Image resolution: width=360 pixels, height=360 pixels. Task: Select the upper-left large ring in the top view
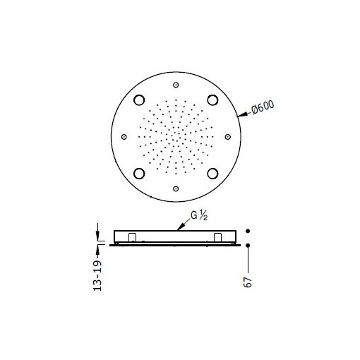click(x=139, y=100)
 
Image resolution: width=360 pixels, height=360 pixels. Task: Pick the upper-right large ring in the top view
click(x=212, y=100)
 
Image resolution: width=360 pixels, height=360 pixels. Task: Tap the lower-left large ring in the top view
click(x=139, y=173)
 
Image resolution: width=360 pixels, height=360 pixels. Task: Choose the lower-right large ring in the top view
click(x=212, y=173)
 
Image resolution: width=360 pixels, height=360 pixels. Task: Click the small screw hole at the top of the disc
click(x=176, y=85)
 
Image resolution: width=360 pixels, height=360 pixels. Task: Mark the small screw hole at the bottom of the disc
click(x=176, y=188)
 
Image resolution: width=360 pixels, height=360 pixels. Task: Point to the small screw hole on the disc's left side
click(x=124, y=136)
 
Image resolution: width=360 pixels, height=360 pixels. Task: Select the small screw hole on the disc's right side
click(x=227, y=136)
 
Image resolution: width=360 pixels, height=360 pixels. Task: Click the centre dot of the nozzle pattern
click(x=176, y=136)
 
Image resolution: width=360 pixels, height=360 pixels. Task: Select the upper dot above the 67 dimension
click(x=248, y=231)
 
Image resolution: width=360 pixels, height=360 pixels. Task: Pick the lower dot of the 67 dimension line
click(x=248, y=245)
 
